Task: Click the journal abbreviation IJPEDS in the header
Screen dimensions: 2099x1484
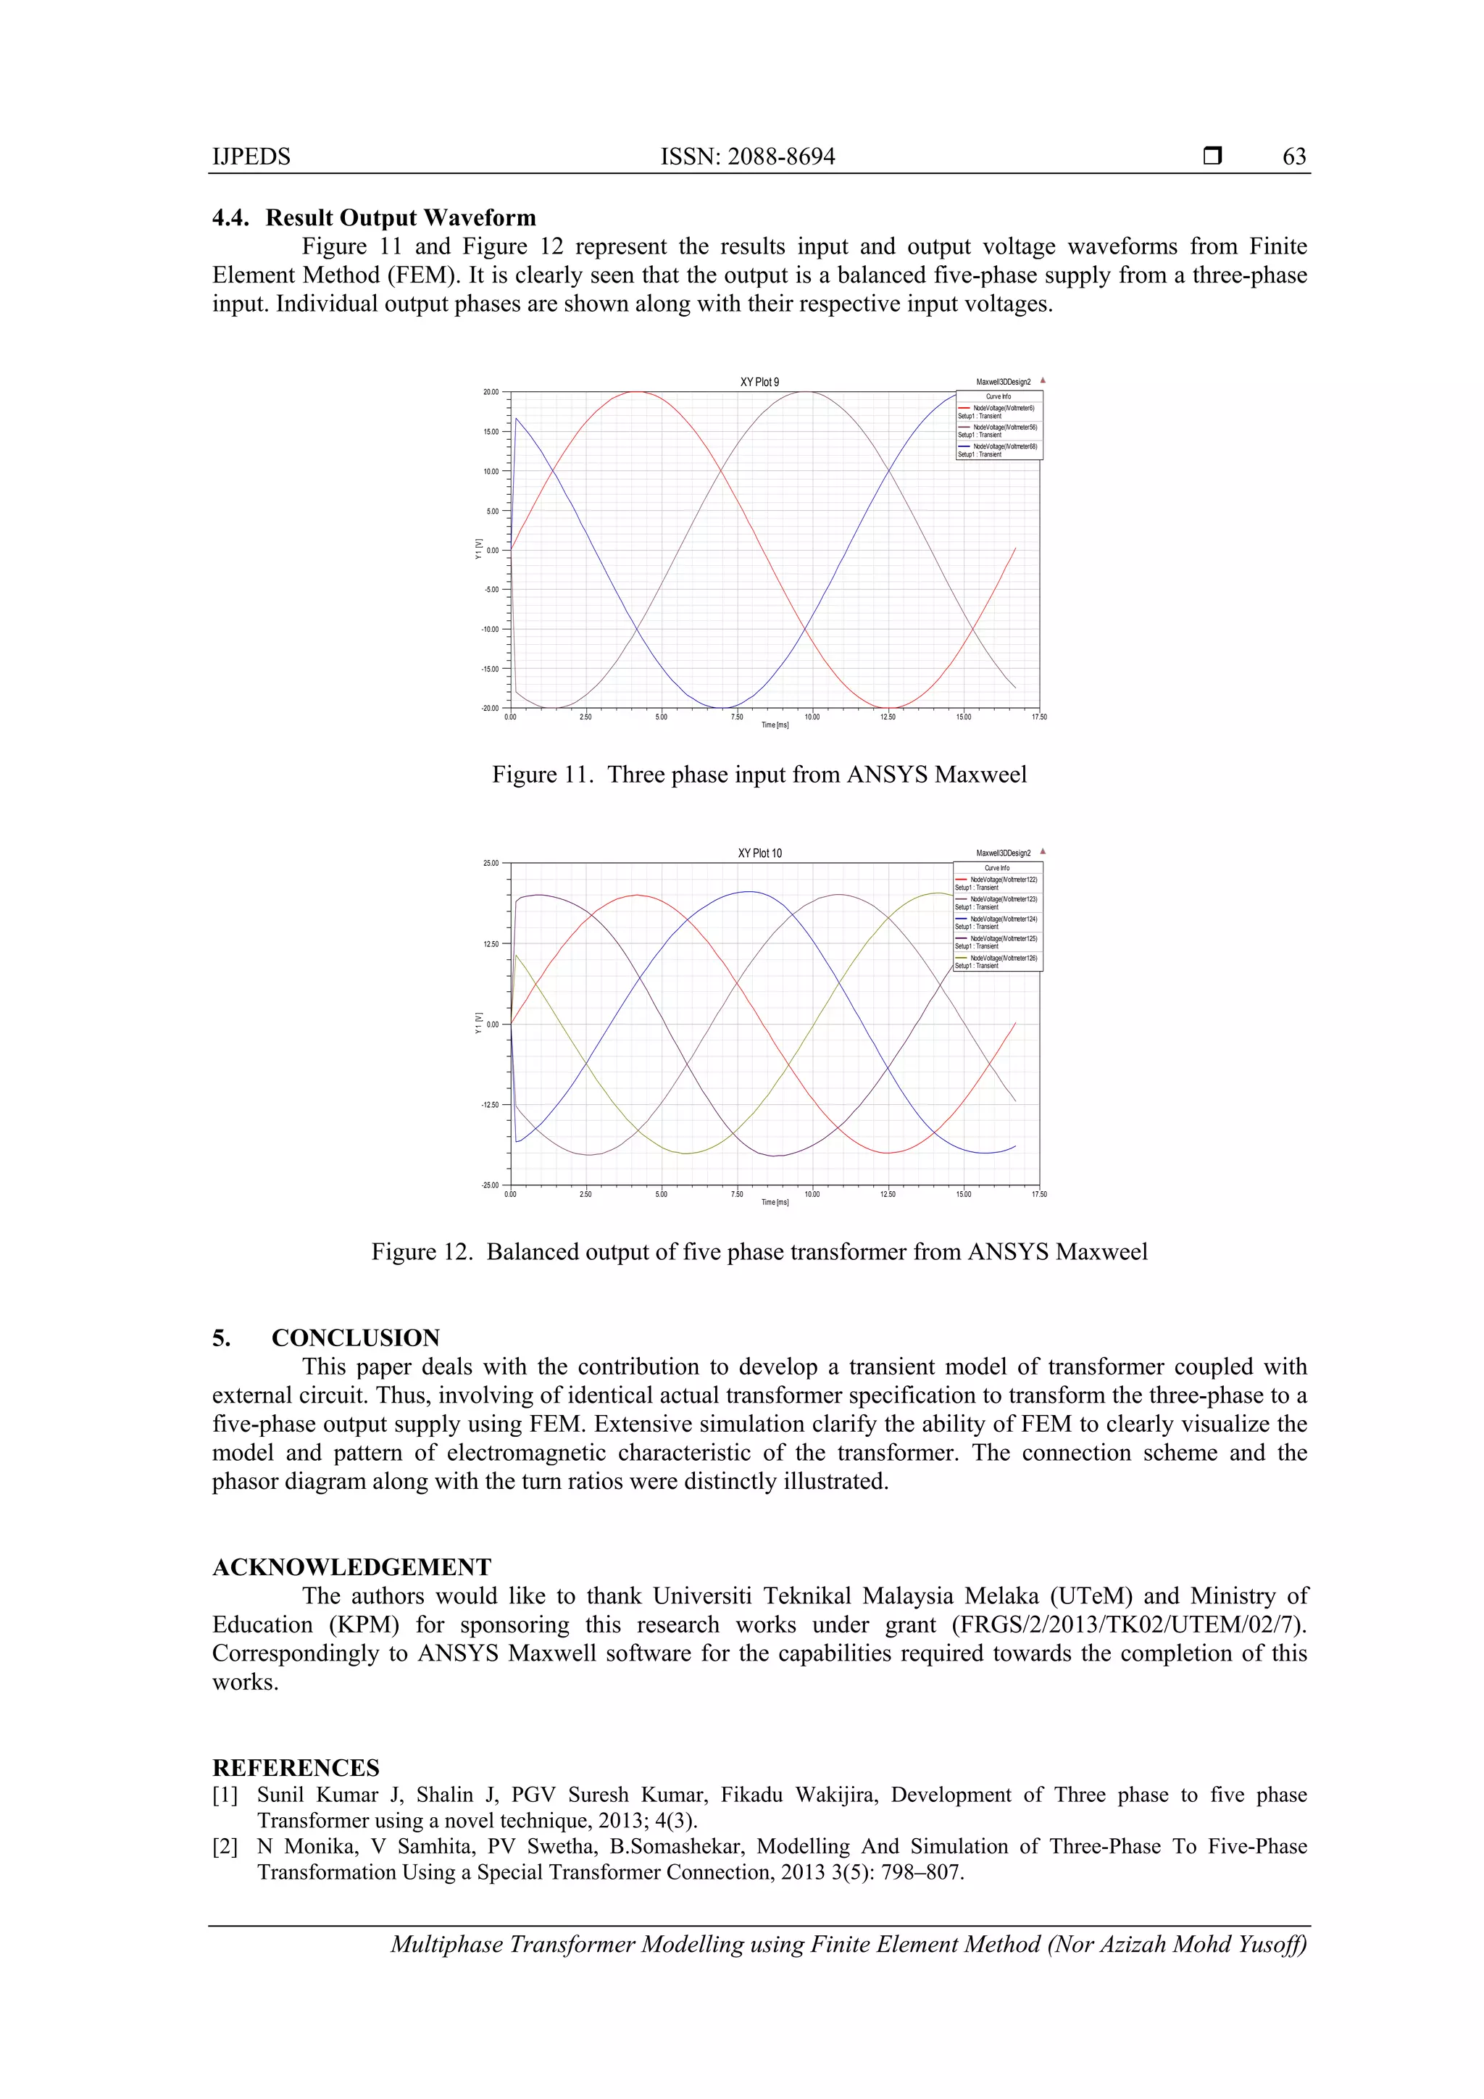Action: point(251,157)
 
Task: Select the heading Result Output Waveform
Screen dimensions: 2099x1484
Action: point(401,217)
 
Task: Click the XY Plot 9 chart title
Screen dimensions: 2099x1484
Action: point(759,382)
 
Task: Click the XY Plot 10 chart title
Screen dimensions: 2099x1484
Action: point(759,853)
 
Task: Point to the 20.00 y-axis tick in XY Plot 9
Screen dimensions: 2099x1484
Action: point(491,392)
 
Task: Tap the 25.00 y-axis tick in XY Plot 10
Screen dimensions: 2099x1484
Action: point(491,863)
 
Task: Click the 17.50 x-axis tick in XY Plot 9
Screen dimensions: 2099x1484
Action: point(1038,717)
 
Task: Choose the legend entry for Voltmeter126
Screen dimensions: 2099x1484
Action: point(1003,958)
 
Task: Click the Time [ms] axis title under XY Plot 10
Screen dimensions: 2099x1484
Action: point(775,1202)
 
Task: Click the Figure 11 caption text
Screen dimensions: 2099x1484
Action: point(759,775)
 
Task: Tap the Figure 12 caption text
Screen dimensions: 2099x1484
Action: point(759,1251)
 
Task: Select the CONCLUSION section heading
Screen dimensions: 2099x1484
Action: point(355,1338)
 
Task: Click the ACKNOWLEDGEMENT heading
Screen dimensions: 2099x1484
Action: point(352,1567)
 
